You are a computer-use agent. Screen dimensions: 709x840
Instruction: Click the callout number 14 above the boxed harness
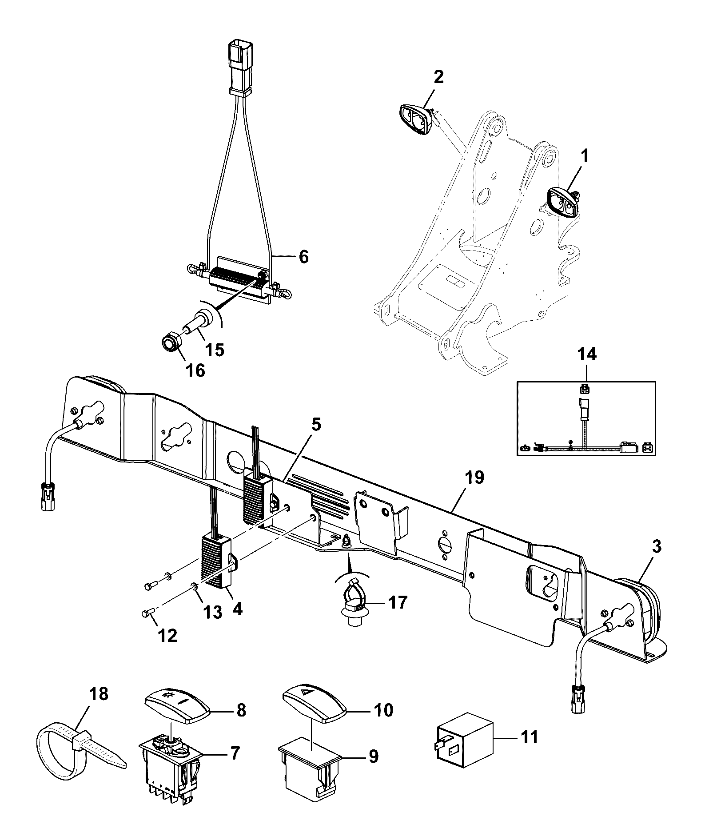coord(586,356)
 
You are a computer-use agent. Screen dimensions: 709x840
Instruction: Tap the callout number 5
coord(316,425)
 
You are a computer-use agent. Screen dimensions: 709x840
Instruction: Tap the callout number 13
coord(212,613)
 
